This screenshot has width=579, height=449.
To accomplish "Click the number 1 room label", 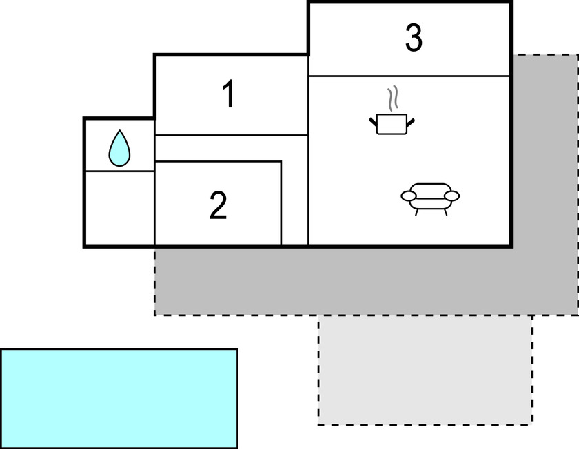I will point(228,95).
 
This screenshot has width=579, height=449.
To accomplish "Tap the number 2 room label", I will point(218,205).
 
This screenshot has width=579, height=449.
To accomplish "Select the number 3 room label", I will point(413,39).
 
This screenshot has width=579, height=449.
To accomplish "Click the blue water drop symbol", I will point(119,149).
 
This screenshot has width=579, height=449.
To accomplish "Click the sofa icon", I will point(430,196).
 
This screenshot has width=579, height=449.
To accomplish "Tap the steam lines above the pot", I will point(393,99).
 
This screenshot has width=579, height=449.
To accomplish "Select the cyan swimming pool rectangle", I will point(119,398).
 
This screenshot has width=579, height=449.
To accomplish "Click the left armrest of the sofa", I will point(409,197).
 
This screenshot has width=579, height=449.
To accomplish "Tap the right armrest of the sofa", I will point(451,196).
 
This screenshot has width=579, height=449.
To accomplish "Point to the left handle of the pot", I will point(374,122).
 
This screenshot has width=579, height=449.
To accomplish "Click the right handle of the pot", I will point(411,122).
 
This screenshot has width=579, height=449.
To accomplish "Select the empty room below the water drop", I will point(119,208).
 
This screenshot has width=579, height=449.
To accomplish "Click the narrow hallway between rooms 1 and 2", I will point(231,148).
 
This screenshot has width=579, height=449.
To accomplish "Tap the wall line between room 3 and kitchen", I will point(409,76).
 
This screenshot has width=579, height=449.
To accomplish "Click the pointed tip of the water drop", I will point(119,132).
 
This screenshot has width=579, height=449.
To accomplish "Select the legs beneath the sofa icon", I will point(430,211).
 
